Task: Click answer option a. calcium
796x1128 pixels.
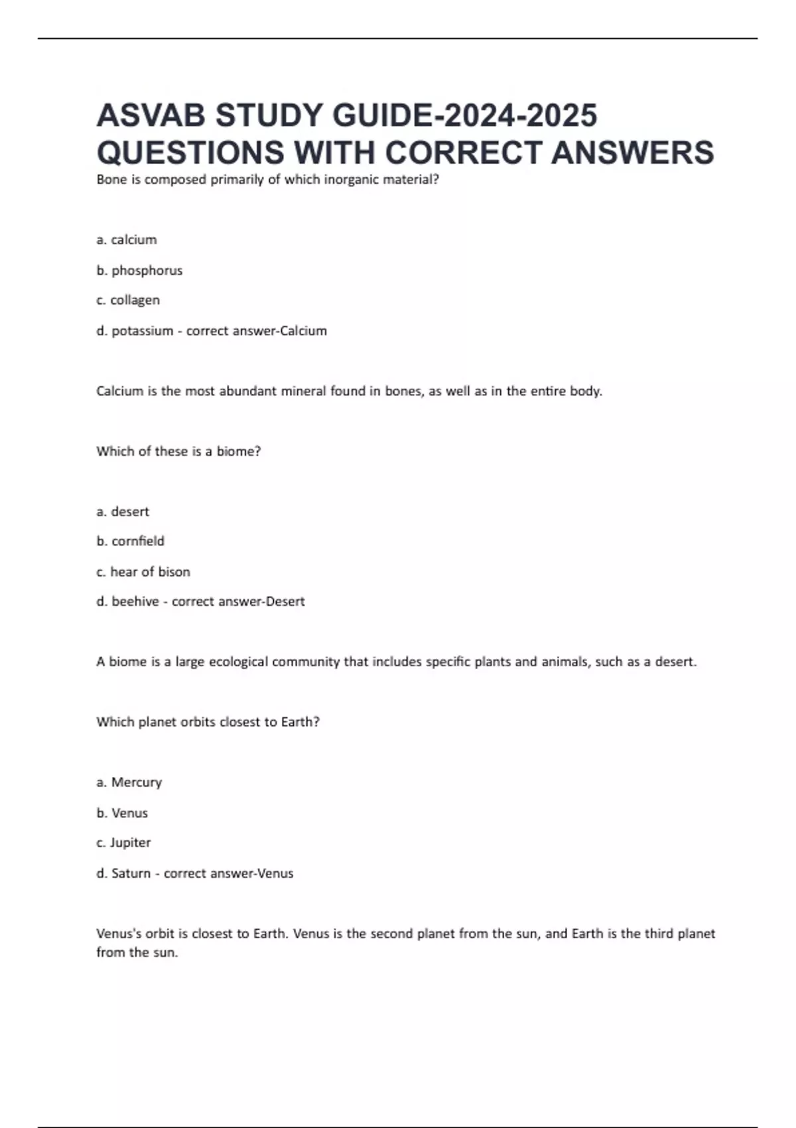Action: [x=127, y=240]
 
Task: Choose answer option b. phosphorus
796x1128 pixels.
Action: [x=139, y=270]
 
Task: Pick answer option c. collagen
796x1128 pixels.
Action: [x=128, y=300]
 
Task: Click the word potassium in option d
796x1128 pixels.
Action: [x=142, y=330]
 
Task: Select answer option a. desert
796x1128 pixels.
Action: [x=123, y=512]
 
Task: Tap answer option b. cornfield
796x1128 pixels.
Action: [x=130, y=541]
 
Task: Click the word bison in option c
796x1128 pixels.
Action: [x=174, y=572]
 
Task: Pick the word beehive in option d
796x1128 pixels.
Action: [x=135, y=602]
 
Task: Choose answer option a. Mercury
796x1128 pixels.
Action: [x=129, y=782]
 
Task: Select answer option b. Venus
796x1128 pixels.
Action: [x=122, y=813]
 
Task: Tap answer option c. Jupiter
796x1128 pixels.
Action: [x=123, y=843]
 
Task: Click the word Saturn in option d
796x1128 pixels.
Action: [x=131, y=873]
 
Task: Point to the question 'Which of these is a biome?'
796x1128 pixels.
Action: [x=178, y=451]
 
